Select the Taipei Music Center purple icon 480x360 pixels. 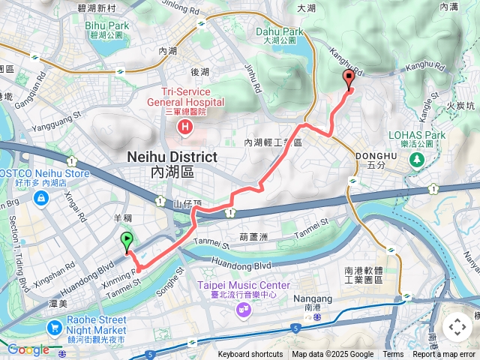244,307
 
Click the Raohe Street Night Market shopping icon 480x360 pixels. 54,328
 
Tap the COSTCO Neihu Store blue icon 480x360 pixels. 39,198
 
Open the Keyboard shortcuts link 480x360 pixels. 250,355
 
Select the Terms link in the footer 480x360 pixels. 393,355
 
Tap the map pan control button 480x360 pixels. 457,327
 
